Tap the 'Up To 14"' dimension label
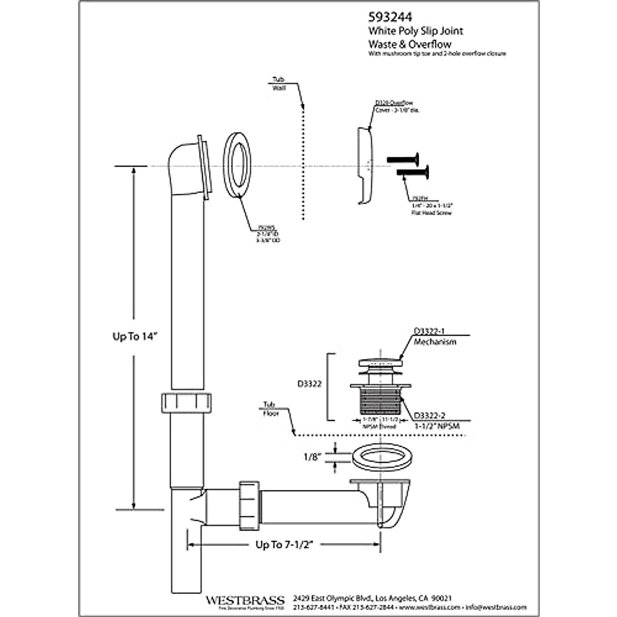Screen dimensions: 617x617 (x=134, y=336)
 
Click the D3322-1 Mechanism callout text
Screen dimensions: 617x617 (x=434, y=337)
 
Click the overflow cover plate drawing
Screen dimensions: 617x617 (x=366, y=165)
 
